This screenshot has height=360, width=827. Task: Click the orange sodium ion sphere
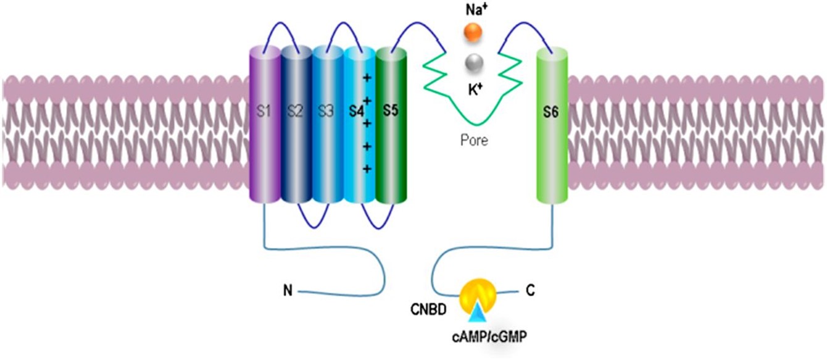pyautogui.click(x=473, y=33)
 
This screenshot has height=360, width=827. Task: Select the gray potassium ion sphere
pyautogui.click(x=473, y=62)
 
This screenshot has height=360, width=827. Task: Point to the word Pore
pyautogui.click(x=474, y=141)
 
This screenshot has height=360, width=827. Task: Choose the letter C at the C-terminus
pyautogui.click(x=530, y=288)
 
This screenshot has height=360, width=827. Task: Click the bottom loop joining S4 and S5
pyautogui.click(x=375, y=222)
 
